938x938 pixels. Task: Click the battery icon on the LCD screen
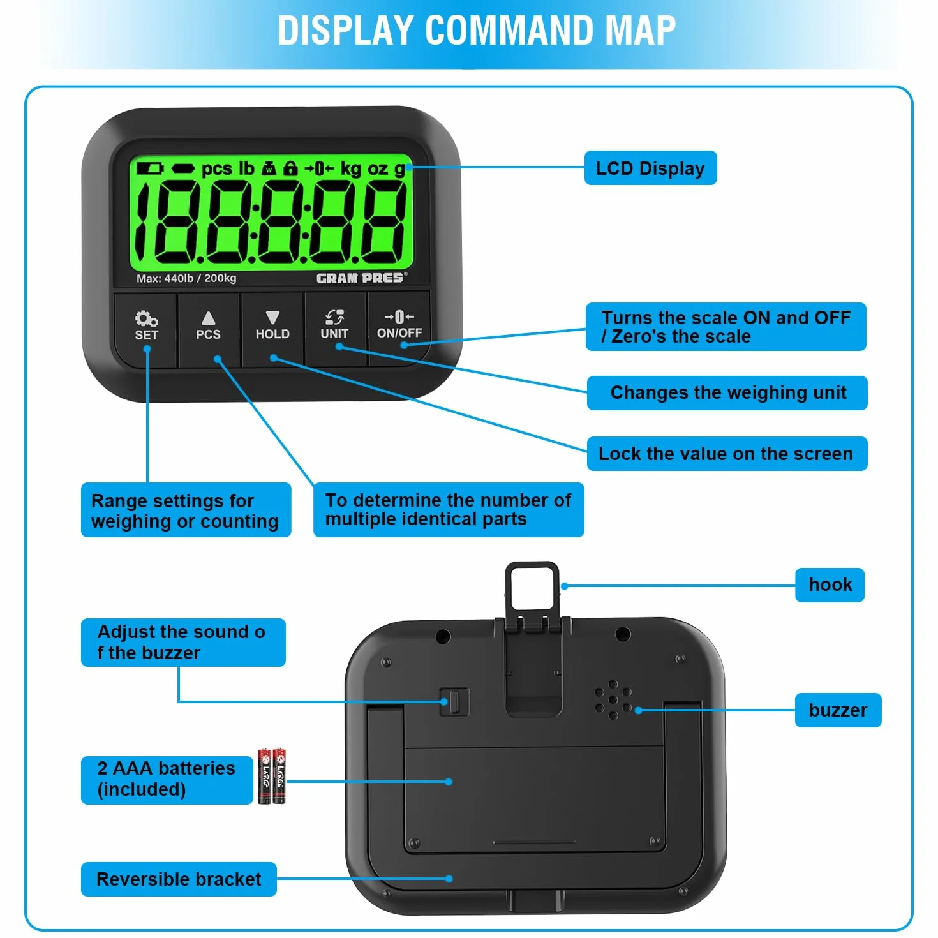click(149, 168)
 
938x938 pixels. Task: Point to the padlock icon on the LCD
click(290, 168)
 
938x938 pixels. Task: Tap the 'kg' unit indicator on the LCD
click(350, 169)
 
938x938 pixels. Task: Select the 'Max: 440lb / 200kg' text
click(186, 278)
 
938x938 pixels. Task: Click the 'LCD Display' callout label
click(650, 168)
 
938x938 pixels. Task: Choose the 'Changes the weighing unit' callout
click(727, 393)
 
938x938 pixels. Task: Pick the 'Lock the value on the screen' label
click(727, 454)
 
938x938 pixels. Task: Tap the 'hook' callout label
click(830, 584)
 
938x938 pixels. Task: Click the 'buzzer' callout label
click(838, 710)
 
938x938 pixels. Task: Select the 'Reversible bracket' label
click(179, 879)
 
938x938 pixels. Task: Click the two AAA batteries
click(272, 776)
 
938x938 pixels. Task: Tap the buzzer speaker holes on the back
click(613, 699)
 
